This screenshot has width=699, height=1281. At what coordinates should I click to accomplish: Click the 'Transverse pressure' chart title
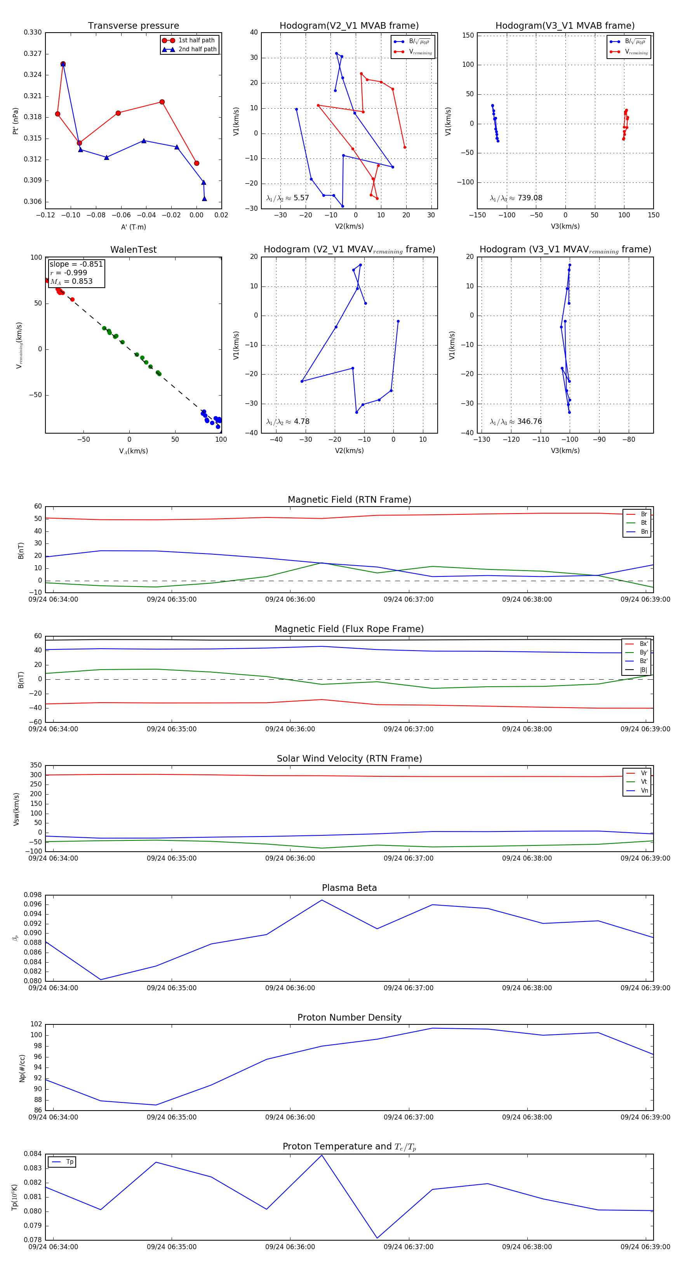click(x=133, y=26)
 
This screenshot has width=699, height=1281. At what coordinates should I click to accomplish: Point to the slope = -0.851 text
click(x=76, y=264)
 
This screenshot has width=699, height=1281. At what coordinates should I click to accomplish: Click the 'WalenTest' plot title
click(x=133, y=250)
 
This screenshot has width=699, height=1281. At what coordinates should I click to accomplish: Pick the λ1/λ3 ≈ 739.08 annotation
click(x=516, y=198)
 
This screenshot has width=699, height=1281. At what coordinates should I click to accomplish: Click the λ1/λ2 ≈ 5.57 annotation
click(x=287, y=198)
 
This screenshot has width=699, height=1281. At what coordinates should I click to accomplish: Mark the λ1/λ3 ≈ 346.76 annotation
click(x=516, y=422)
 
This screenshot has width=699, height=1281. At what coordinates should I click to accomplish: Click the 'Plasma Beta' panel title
click(x=349, y=888)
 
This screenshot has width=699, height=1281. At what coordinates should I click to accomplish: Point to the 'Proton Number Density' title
click(x=349, y=1017)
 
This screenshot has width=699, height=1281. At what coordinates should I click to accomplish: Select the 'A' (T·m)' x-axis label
click(x=133, y=227)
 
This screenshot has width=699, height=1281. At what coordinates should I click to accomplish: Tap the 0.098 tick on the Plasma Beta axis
click(x=33, y=895)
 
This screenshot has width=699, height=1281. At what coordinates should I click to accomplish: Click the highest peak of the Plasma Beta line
click(x=322, y=900)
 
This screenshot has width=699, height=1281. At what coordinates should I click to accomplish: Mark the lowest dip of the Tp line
click(x=377, y=1238)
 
